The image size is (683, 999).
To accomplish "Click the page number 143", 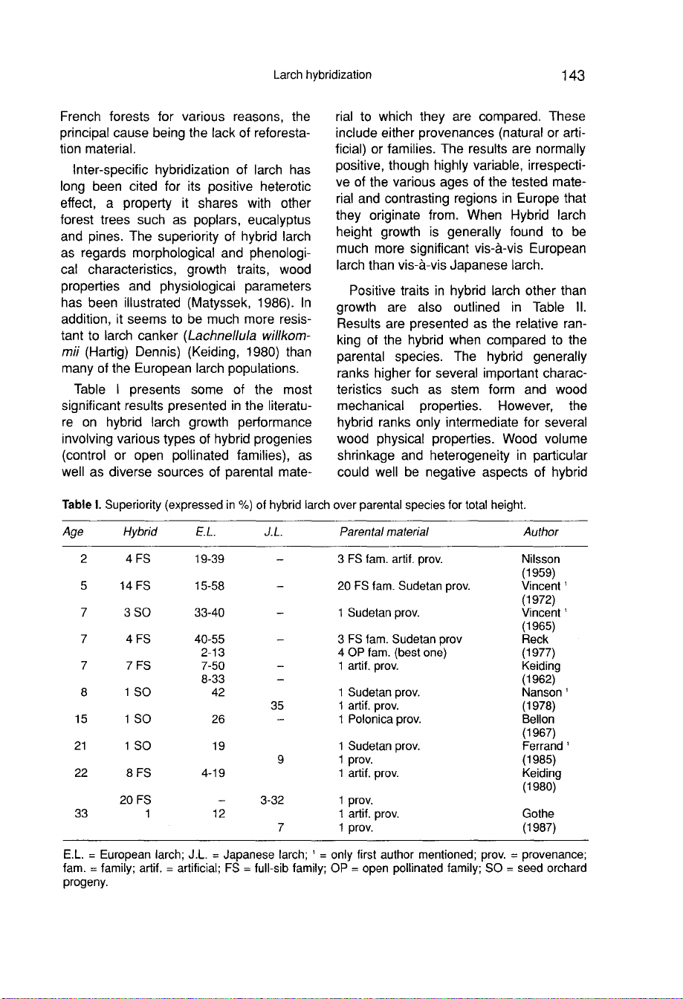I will (573, 75).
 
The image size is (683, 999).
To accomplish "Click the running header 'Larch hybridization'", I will (322, 75).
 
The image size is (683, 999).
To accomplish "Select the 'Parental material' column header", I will (383, 532).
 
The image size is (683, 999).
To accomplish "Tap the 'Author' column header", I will (540, 532).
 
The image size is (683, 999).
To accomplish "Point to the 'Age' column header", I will (73, 532).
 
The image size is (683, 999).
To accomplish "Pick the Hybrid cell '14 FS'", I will (135, 586).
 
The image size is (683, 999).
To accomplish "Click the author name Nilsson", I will (541, 559).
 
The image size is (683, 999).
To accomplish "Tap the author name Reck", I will (535, 640).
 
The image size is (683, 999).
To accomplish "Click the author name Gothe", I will (537, 814).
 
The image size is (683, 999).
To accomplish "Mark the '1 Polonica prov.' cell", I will (379, 719).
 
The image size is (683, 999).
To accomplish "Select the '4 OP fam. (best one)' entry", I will (392, 653).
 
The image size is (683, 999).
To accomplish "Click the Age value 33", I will (82, 814).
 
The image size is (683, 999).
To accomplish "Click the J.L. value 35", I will (277, 706).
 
